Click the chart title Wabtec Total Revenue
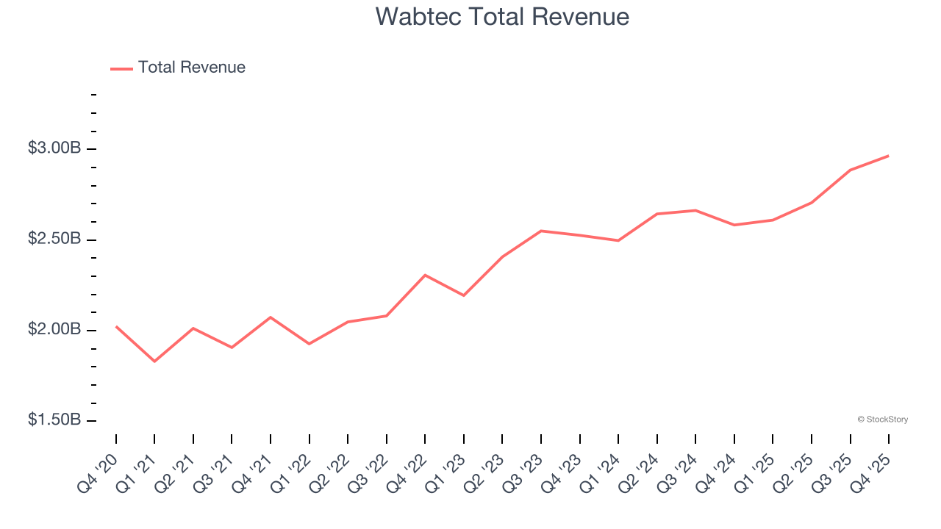click(502, 16)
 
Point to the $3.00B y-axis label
click(54, 148)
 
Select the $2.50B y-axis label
click(54, 240)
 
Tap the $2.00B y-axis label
click(54, 330)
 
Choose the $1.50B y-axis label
click(54, 420)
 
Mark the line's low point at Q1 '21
click(154, 361)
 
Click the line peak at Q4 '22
click(425, 275)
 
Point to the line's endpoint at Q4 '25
click(888, 156)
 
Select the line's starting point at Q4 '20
click(116, 326)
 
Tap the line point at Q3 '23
click(541, 231)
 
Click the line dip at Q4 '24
click(734, 225)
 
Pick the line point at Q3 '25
click(850, 170)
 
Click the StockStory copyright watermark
click(882, 420)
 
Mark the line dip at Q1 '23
click(464, 295)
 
